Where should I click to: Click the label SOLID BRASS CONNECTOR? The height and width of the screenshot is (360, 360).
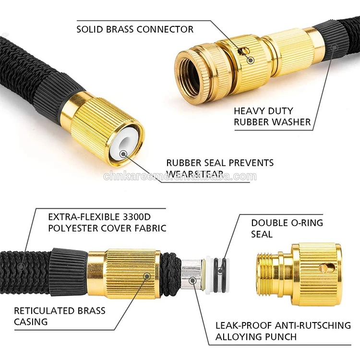pos(135,29)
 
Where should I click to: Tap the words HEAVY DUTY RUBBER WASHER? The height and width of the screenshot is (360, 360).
pos(272,117)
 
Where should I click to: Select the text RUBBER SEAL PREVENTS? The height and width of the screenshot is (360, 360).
pos(220,163)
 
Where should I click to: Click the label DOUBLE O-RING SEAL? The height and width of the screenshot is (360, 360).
pos(287,228)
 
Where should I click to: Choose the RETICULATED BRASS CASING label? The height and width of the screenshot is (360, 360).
pos(60,316)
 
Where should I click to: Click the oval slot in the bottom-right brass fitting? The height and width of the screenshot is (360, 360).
pos(325,268)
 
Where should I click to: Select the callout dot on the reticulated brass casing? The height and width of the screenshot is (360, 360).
pos(147,276)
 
